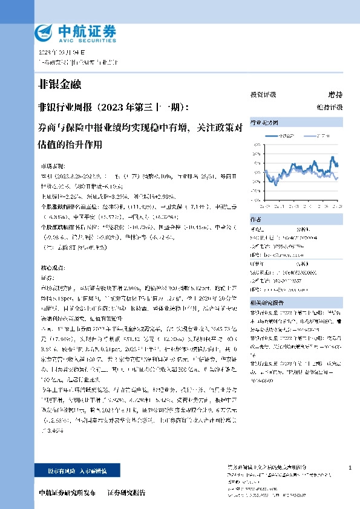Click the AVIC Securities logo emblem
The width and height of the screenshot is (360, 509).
(44, 31)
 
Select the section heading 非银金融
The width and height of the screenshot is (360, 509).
(59, 84)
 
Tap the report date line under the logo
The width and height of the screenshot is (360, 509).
(58, 53)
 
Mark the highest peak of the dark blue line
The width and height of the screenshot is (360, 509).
(332, 157)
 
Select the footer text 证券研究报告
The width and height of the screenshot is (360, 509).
(126, 493)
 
